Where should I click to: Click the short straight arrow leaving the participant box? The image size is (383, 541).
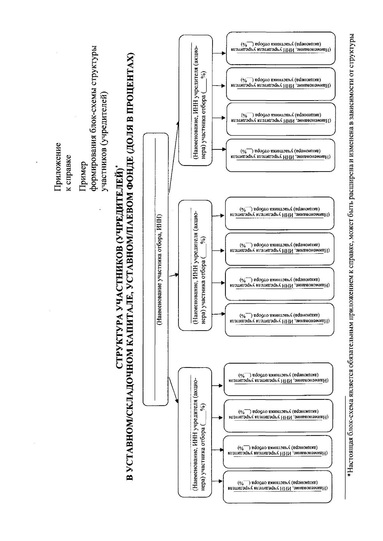[173, 275]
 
